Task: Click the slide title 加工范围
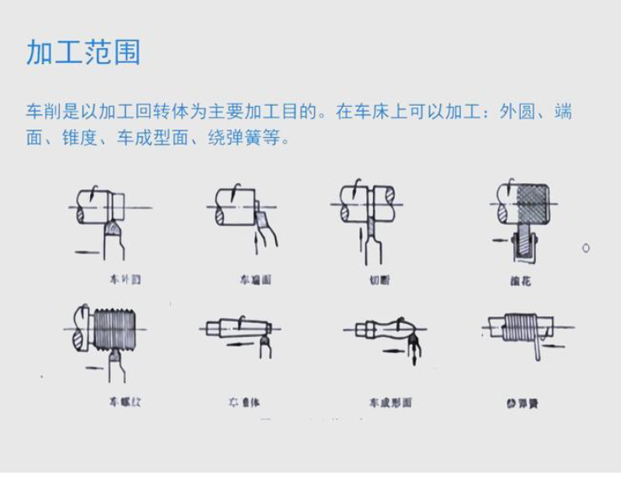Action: coord(83,52)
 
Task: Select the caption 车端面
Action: coord(254,279)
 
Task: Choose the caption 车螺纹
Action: coord(125,402)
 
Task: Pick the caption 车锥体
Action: coord(243,403)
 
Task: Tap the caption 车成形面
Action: coord(390,403)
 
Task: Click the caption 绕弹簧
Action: coord(522,404)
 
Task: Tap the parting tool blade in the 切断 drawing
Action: coord(369,240)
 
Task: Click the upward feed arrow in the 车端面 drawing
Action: coord(256,243)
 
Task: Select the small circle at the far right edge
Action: coord(586,248)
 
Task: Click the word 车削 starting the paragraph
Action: coord(43,112)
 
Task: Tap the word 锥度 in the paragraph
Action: coord(85,137)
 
